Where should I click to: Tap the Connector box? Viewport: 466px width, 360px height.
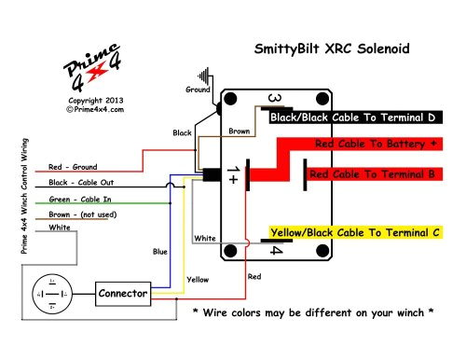[123, 294]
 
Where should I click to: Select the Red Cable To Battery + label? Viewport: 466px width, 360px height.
[376, 145]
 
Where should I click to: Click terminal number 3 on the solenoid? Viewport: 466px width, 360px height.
[275, 100]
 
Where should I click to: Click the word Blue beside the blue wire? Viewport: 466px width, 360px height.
[160, 252]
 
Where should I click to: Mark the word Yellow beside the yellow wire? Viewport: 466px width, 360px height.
[198, 279]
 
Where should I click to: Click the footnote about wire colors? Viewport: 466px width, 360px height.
[312, 312]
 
